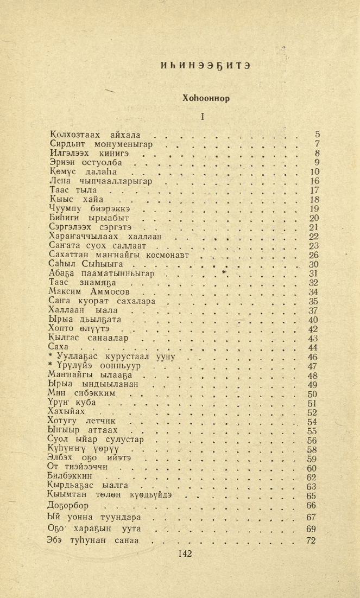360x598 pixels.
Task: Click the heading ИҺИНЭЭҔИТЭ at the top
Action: [x=205, y=65]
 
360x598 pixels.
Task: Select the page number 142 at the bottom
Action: [x=185, y=554]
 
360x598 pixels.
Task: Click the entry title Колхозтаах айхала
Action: [x=94, y=135]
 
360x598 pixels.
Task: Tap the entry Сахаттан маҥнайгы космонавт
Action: [x=118, y=255]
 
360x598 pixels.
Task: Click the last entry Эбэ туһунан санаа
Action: [x=93, y=541]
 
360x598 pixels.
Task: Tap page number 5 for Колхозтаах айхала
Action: [x=318, y=135]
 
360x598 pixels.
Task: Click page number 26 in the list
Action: [x=313, y=255]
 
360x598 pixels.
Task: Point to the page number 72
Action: [x=311, y=541]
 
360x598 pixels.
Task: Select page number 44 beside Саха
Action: [x=313, y=348]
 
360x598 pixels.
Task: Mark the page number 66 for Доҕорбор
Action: [x=312, y=506]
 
